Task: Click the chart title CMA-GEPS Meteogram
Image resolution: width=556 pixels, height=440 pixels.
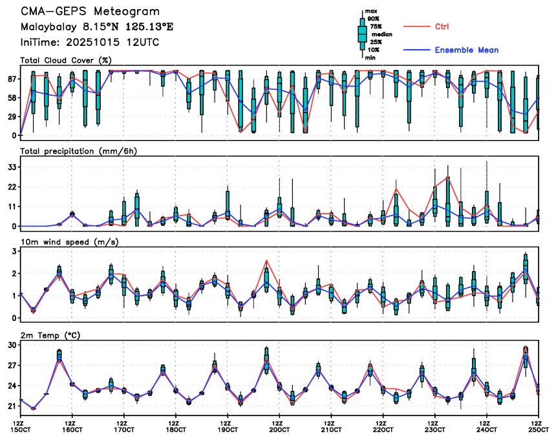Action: coord(90,12)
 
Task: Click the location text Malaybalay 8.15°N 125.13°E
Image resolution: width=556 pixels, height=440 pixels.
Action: coord(97,27)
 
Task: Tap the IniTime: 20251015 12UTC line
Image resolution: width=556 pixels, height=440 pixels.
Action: coord(90,42)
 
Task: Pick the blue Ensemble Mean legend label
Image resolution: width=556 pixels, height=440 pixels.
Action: coord(466,50)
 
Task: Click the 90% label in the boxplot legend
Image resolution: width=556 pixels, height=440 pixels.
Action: coord(374,19)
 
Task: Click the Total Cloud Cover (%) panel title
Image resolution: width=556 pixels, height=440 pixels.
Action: coord(65,60)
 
